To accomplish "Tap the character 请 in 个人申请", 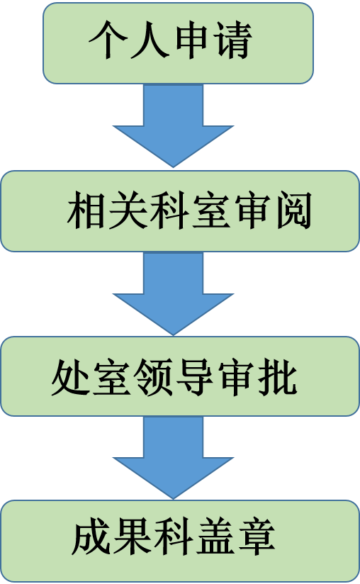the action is click(x=233, y=40).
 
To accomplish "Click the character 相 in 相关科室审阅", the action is click(x=86, y=210).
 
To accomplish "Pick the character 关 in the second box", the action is click(x=128, y=210).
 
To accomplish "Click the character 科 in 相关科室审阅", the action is click(x=169, y=210).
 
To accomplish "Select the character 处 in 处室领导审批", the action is click(x=71, y=376).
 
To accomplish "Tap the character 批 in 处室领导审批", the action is click(x=278, y=376).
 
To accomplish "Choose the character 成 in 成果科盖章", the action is click(x=91, y=537).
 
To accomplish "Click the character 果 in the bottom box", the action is click(x=132, y=537).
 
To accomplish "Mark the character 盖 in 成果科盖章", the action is click(x=215, y=537).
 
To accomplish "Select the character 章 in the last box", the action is click(x=257, y=537).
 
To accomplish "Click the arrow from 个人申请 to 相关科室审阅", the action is click(x=173, y=125).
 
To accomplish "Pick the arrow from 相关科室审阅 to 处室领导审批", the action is click(x=173, y=293).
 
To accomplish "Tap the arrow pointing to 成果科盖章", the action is click(x=173, y=458).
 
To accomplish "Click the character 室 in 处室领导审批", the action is click(x=112, y=376).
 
